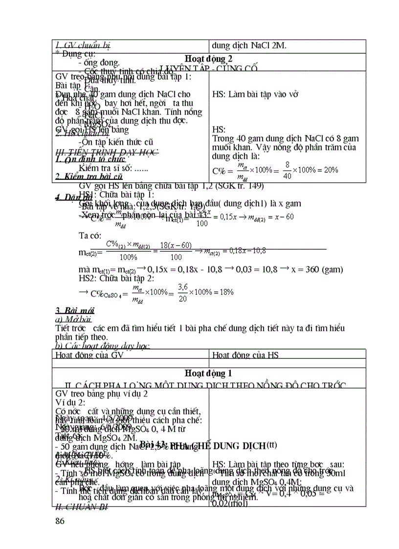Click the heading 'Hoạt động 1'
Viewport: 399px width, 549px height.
(x=209, y=373)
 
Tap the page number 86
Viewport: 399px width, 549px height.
(x=60, y=521)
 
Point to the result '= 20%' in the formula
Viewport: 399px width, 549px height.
(x=327, y=170)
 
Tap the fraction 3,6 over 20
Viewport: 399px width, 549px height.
(x=182, y=293)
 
